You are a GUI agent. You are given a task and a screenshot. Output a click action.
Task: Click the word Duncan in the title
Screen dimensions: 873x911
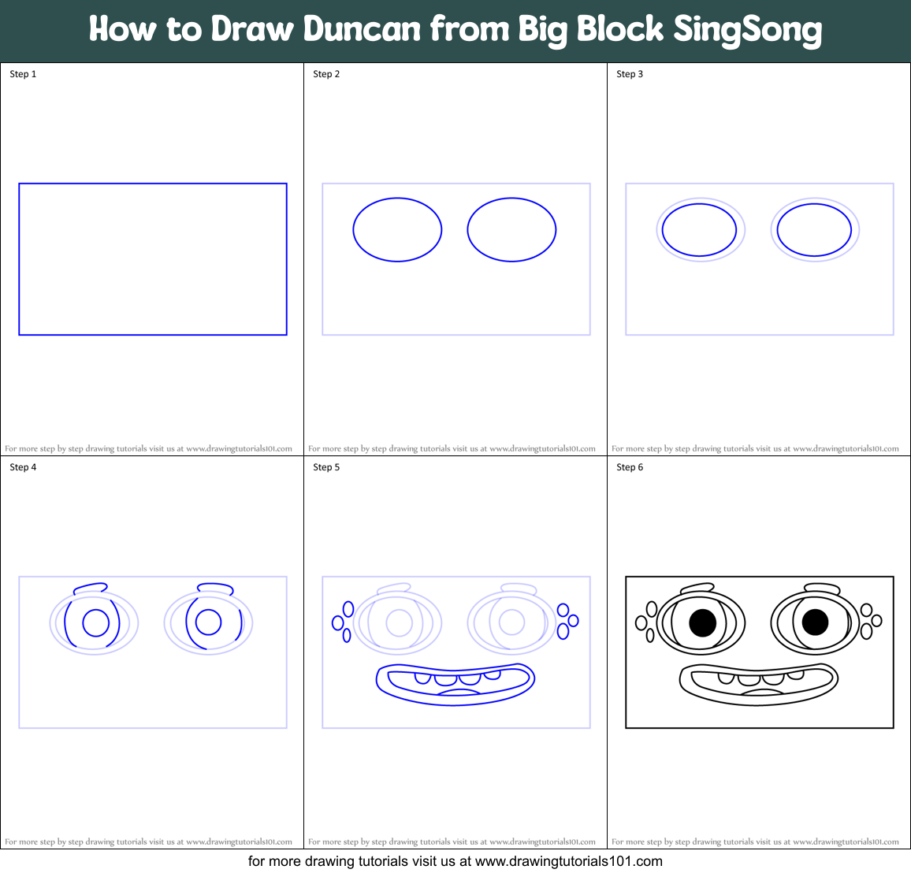pos(362,29)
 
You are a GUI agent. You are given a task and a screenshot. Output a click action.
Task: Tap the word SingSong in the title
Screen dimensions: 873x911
pos(747,30)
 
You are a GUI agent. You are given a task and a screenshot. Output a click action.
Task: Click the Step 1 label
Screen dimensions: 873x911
pos(23,74)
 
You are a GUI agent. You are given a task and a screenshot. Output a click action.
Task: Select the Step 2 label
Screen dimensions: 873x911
pos(326,74)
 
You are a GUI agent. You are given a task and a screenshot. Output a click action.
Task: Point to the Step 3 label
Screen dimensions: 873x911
pos(630,74)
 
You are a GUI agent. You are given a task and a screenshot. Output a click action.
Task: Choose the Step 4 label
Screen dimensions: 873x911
pos(23,467)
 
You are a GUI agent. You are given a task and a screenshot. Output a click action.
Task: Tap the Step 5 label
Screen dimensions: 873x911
pos(326,467)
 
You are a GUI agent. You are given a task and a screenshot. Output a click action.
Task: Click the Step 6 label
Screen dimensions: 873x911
pos(630,467)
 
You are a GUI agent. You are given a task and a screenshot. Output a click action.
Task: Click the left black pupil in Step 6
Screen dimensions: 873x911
pos(702,622)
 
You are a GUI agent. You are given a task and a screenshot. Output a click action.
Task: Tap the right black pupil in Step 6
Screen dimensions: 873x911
pos(815,622)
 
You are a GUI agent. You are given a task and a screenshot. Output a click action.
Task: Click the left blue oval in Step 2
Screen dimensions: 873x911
pos(397,229)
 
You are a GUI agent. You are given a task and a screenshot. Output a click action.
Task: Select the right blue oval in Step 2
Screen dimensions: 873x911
pos(511,229)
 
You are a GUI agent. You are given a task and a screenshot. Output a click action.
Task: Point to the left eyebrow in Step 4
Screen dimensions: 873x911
pos(90,588)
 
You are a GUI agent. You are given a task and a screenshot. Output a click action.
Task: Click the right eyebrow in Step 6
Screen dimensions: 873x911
pos(822,588)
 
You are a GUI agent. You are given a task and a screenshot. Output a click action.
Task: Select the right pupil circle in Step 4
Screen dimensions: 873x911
pos(208,622)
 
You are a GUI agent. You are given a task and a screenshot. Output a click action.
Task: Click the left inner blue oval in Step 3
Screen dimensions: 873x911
pos(699,230)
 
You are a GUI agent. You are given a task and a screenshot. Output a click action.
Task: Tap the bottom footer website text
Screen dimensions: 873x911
pos(455,861)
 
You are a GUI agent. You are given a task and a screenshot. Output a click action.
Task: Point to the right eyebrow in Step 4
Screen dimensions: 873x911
pos(215,588)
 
